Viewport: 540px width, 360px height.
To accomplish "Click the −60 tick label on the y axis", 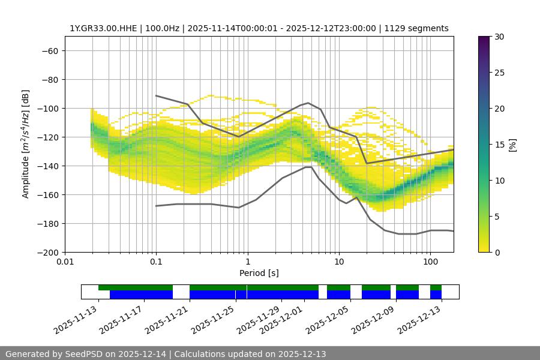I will click(47, 50).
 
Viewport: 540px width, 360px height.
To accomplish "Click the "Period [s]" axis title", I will click(259, 273).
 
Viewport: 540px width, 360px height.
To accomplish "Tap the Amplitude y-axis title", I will click(26, 144).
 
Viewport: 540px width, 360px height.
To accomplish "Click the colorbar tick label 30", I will click(499, 37).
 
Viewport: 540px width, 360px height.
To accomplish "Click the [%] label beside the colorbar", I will click(512, 145).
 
